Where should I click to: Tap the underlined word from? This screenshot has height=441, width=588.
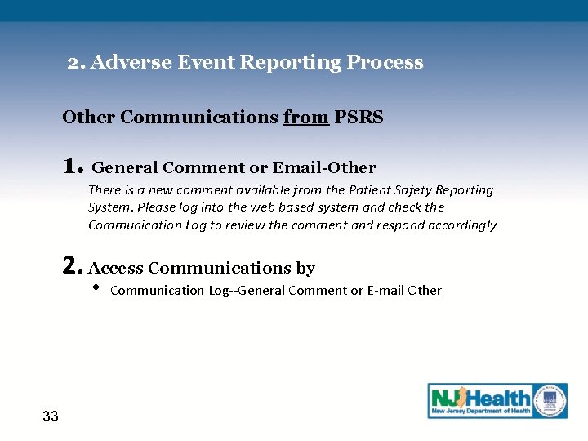[x=306, y=118]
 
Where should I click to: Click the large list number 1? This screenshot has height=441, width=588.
[x=72, y=167]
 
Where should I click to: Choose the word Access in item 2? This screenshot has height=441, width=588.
[x=115, y=269]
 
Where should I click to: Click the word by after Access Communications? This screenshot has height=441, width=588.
[x=305, y=269]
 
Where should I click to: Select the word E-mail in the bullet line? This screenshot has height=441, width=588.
[x=385, y=291]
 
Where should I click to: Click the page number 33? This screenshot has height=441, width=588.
[x=51, y=416]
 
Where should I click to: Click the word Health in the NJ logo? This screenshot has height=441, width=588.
[x=497, y=399]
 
